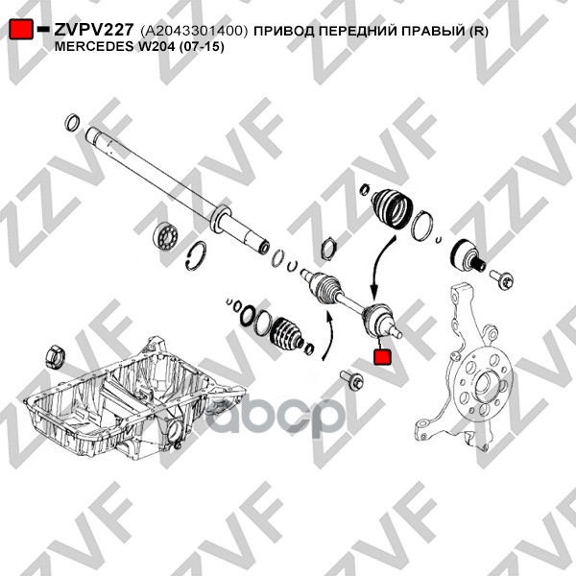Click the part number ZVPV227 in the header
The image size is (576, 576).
(93, 30)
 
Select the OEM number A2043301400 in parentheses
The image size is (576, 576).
(194, 31)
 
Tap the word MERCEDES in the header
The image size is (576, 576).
(94, 47)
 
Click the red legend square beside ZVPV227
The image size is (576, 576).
(20, 29)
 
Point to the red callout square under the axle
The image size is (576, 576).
(382, 357)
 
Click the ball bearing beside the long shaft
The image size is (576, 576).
(166, 235)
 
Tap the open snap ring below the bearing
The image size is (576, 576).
(196, 256)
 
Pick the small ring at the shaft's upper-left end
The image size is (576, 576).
(72, 123)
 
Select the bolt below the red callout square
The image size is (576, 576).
(351, 379)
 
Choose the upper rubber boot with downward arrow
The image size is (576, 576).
(393, 208)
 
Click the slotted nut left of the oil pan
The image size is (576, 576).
(55, 356)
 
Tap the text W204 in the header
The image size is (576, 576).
(155, 47)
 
